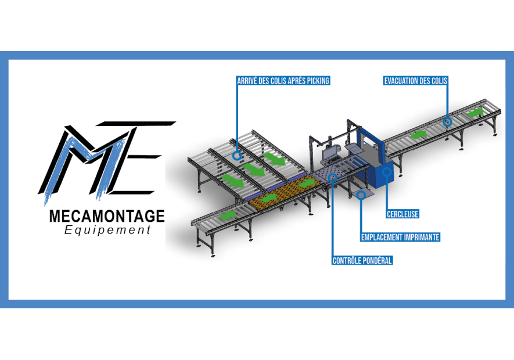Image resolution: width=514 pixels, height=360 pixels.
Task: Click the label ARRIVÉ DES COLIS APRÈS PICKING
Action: [x=283, y=81]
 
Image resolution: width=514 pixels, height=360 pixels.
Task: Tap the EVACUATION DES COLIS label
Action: [x=415, y=81]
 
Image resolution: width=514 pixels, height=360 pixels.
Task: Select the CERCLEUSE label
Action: [x=402, y=214]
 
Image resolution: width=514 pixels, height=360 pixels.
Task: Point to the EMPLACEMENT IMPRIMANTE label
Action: [x=400, y=237]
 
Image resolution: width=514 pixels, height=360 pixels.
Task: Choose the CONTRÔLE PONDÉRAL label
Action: [x=362, y=261]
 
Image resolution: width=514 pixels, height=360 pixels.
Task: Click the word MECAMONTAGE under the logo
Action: [x=107, y=217]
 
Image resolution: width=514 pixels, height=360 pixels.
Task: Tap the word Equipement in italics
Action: [x=107, y=230]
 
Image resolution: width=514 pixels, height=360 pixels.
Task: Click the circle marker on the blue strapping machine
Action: [x=387, y=171]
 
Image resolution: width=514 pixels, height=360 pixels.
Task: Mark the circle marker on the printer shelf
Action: [x=361, y=195]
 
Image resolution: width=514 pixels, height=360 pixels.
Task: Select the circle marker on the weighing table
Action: [x=332, y=178]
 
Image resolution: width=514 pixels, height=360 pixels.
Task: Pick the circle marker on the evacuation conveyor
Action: [x=447, y=122]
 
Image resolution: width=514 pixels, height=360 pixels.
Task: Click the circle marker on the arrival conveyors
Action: [x=237, y=155]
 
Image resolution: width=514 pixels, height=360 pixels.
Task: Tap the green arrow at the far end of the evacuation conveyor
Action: [x=475, y=113]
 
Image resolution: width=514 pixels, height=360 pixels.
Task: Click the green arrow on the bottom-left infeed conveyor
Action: [x=228, y=215]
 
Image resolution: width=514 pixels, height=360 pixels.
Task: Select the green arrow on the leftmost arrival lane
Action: [x=232, y=180]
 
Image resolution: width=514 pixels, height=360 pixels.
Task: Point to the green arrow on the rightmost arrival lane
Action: [x=274, y=159]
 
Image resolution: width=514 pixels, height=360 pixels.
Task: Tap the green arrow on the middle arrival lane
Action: [x=253, y=169]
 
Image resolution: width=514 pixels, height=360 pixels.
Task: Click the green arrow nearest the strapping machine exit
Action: [x=418, y=135]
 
